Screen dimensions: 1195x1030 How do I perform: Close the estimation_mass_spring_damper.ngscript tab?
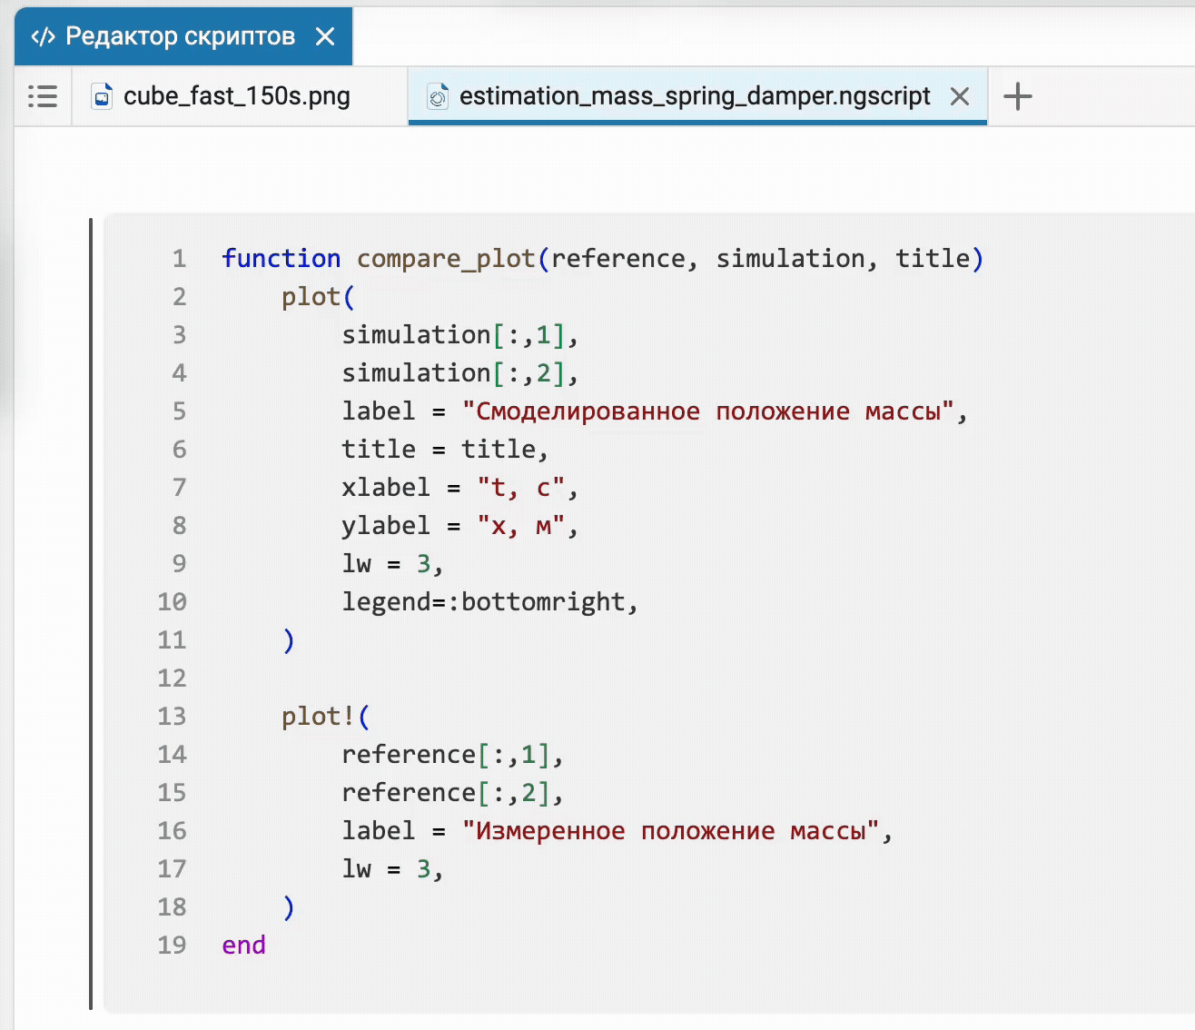(x=960, y=96)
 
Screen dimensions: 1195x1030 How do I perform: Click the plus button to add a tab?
(x=1018, y=96)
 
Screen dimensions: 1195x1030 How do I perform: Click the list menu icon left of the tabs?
(x=43, y=96)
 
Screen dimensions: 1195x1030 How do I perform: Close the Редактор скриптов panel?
(x=325, y=36)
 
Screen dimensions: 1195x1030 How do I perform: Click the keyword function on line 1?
(x=281, y=259)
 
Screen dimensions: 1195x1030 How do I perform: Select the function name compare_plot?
(x=447, y=260)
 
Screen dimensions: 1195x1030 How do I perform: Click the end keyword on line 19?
(x=244, y=945)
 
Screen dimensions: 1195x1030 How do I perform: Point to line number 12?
(x=173, y=678)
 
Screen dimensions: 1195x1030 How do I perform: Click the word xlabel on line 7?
(x=386, y=488)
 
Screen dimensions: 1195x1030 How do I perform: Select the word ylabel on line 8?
(x=386, y=526)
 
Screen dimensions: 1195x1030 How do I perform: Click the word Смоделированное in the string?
(x=588, y=411)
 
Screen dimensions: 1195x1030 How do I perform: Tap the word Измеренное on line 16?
(x=550, y=831)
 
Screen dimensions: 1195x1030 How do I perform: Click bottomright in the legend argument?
(x=543, y=602)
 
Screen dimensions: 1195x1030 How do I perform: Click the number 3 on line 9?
(x=424, y=564)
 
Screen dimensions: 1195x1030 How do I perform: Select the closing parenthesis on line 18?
(x=289, y=907)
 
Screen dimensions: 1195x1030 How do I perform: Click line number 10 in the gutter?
(x=173, y=602)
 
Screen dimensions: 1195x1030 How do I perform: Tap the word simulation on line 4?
(x=416, y=373)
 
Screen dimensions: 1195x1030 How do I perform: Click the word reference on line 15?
(x=409, y=793)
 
